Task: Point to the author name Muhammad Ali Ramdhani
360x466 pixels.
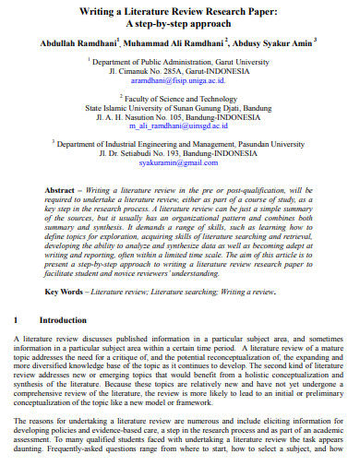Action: [x=166, y=43]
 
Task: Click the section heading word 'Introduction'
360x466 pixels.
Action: [x=63, y=320]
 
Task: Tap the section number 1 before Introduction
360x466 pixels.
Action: [x=17, y=320]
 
